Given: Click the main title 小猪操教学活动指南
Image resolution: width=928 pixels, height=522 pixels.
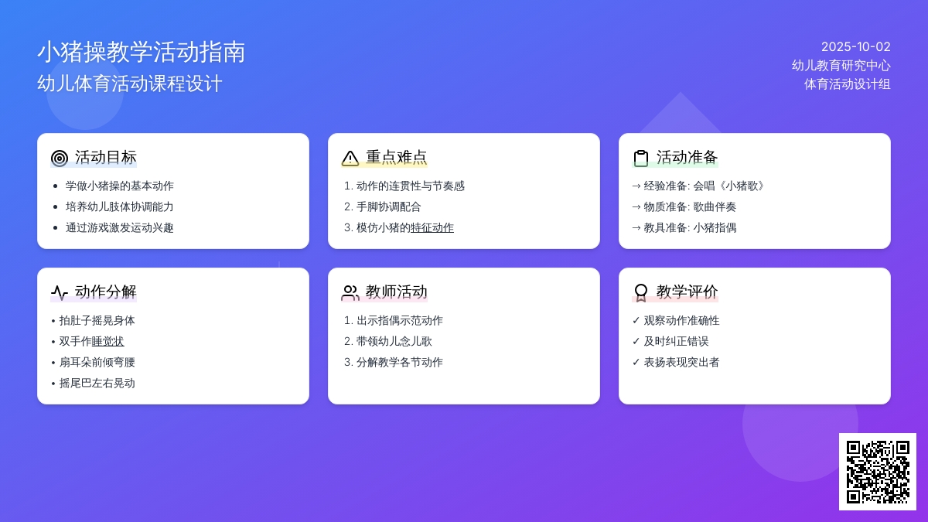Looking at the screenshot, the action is (142, 53).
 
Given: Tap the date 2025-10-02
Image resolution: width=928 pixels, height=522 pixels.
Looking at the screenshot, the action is (855, 47).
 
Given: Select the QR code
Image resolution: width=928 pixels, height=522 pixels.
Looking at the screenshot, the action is (878, 472).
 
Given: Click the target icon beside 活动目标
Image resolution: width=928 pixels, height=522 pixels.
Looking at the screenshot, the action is (60, 159).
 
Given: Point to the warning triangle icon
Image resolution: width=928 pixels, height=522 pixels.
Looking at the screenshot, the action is (350, 159).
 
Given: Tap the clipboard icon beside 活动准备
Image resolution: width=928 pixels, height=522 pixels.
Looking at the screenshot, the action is (641, 159).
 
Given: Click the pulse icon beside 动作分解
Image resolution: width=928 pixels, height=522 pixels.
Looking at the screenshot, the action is (60, 292).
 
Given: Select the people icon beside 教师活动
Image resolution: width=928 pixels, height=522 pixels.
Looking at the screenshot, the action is (350, 292).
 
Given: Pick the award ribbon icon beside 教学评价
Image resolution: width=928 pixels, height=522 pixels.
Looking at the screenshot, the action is (641, 293).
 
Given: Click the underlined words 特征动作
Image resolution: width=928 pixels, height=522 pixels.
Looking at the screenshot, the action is (432, 227).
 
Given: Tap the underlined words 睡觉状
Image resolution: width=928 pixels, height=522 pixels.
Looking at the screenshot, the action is (107, 341).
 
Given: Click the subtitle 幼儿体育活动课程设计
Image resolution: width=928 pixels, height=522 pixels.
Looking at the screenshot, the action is (130, 84).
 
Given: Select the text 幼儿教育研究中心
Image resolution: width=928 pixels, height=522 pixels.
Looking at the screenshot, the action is (841, 66).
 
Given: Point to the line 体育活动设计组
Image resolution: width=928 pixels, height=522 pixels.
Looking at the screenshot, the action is (848, 84).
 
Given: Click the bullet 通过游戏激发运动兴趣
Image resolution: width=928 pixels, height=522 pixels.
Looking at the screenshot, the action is (119, 227).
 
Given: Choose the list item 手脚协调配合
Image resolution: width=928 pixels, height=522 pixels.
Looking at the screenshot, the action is (388, 206).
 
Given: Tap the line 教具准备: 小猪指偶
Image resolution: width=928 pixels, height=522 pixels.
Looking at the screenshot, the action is (684, 227).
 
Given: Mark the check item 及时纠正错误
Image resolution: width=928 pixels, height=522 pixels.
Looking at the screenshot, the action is (670, 341).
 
